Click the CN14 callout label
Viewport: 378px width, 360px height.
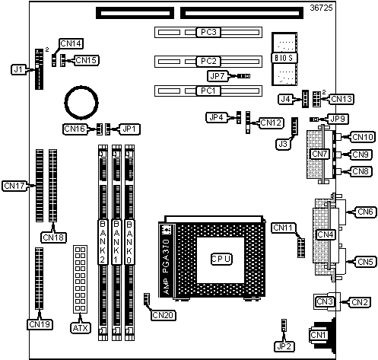click(x=71, y=43)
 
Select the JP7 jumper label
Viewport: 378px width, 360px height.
click(x=218, y=76)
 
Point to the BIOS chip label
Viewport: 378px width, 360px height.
click(x=284, y=58)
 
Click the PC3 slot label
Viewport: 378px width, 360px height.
click(x=208, y=32)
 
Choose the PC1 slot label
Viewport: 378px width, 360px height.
click(x=208, y=91)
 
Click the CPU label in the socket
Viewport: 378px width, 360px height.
click(x=221, y=259)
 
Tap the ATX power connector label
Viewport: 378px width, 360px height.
click(x=81, y=328)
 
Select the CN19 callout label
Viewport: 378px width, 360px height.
click(x=40, y=324)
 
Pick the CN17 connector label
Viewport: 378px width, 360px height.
click(x=14, y=186)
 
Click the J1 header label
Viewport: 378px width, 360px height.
click(x=18, y=69)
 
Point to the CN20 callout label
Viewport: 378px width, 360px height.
click(x=164, y=315)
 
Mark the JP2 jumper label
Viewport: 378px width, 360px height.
click(x=284, y=346)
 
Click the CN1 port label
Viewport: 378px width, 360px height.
click(x=319, y=335)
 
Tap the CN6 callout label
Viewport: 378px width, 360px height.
click(x=365, y=212)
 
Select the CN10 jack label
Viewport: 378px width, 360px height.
click(x=363, y=137)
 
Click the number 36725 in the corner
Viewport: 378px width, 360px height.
click(x=321, y=8)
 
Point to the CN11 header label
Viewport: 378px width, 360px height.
click(x=284, y=228)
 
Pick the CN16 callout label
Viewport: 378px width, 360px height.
click(x=75, y=129)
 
